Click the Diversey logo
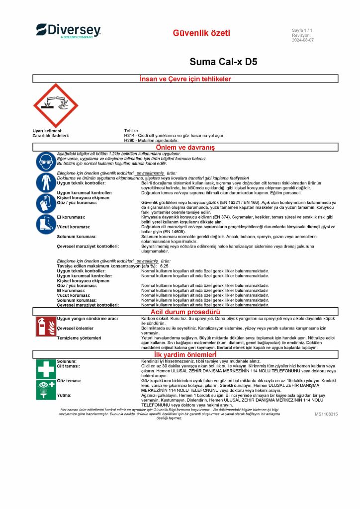pos(69,31)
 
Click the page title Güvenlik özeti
pos(201,33)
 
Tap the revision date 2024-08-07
pos(302,40)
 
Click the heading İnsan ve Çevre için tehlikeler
pos(185,79)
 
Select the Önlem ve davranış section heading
pos(185,147)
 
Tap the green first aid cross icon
pos(46,369)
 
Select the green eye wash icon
pos(46,389)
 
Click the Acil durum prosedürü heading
pos(185,312)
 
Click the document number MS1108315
pos(326,414)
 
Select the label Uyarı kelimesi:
pos(47,130)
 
